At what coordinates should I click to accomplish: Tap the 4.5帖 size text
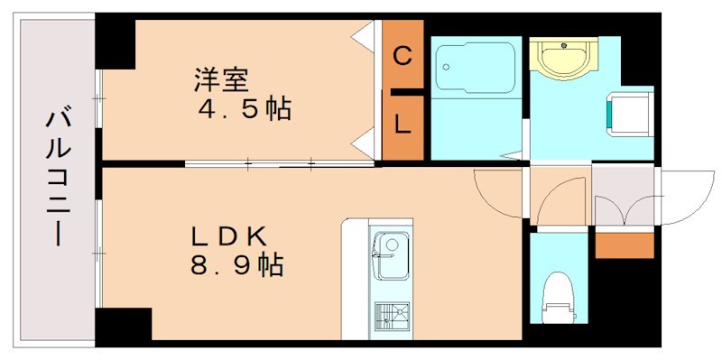[x=245, y=110]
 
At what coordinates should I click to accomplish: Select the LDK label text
[x=228, y=235]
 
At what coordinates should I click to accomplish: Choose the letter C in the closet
[x=403, y=55]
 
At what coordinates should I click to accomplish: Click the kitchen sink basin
[x=391, y=255]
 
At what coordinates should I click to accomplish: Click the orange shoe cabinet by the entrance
[x=624, y=244]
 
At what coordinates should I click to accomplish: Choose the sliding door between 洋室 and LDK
[x=280, y=164]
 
